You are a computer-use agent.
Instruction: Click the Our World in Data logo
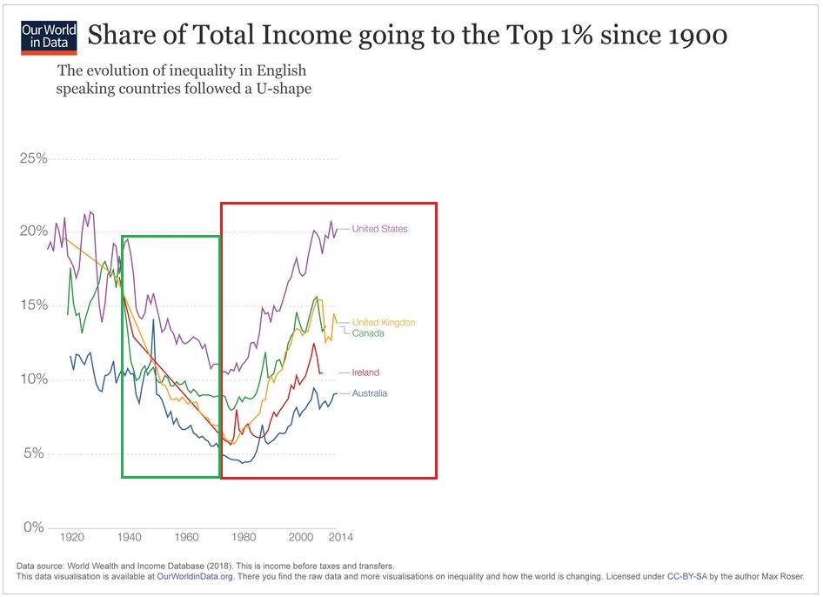49,37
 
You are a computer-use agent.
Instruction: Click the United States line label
379,229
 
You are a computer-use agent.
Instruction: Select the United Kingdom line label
383,322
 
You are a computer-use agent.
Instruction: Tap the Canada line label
368,332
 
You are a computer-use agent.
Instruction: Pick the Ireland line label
365,372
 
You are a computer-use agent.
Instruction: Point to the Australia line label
370,393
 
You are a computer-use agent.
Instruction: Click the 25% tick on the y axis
33,158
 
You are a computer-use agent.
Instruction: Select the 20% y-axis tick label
33,231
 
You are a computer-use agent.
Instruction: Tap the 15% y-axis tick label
33,305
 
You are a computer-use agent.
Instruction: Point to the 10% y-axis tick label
33,379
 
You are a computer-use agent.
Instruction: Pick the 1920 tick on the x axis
72,537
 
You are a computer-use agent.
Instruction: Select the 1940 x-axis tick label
130,537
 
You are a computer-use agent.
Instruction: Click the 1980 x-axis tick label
244,537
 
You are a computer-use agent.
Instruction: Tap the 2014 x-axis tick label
340,537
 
